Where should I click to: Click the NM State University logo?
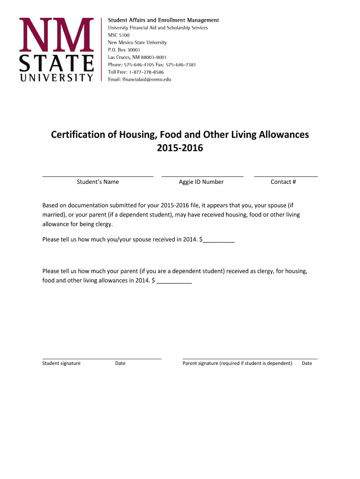(56, 50)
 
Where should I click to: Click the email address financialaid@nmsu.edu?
(147, 80)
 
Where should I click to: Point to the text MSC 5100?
(119, 35)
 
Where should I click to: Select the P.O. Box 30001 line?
(124, 50)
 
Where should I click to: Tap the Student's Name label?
(98, 182)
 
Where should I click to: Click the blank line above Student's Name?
(98, 176)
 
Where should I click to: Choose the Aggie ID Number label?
(201, 182)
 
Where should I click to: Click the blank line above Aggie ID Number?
(202, 176)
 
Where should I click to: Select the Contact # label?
(283, 182)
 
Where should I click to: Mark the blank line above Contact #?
(286, 176)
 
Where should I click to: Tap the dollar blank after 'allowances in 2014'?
(175, 282)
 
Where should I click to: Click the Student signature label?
(61, 363)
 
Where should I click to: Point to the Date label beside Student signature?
(120, 363)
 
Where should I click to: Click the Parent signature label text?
(237, 363)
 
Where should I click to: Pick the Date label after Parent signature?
(307, 363)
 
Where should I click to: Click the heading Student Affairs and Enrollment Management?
(164, 20)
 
